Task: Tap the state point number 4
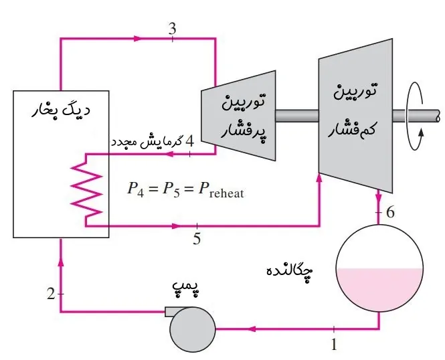(190, 141)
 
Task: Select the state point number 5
(196, 238)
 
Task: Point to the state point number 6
(391, 212)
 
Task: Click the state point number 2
(51, 293)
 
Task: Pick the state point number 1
(335, 345)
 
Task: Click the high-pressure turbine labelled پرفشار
(238, 115)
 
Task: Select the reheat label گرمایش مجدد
(146, 142)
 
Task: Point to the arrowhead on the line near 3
(139, 38)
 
